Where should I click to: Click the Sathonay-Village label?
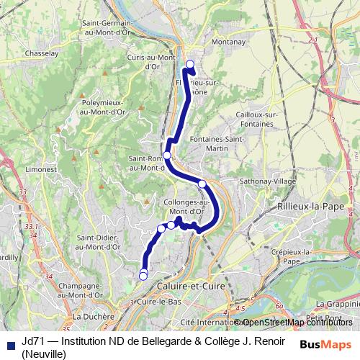[x=267, y=181]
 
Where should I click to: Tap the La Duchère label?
[x=94, y=316]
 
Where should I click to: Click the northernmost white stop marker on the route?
[x=190, y=65]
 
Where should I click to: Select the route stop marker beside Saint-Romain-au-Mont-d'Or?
[x=167, y=155]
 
